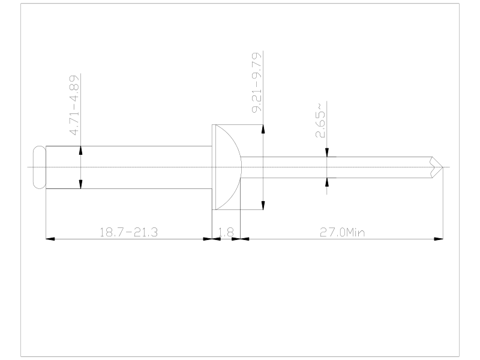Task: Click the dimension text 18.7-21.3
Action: (x=128, y=232)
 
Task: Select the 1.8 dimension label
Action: (x=226, y=232)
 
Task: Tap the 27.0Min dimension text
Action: (x=342, y=232)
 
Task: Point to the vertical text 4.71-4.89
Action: (x=74, y=106)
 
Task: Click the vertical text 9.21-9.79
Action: (x=257, y=83)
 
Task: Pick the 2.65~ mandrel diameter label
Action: (x=320, y=121)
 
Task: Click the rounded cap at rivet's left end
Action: (x=40, y=167)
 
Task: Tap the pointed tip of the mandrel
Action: (x=443, y=167)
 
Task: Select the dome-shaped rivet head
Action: (x=229, y=167)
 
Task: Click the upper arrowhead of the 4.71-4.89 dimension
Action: (x=80, y=151)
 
